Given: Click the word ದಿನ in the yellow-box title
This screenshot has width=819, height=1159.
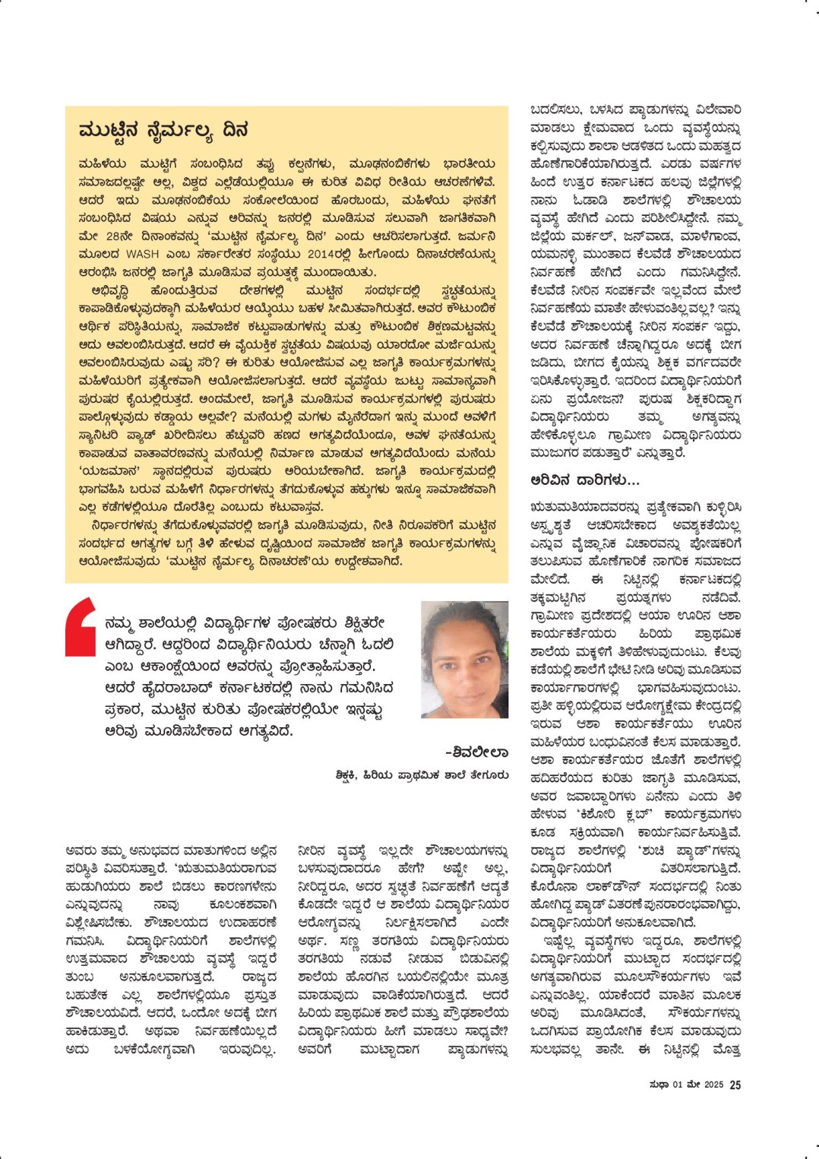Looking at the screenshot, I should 236,130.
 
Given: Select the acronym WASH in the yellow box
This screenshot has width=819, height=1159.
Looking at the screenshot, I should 142,254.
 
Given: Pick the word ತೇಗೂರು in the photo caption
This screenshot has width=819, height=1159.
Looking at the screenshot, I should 490,775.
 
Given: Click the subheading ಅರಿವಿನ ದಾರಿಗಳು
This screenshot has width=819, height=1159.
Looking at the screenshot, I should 585,480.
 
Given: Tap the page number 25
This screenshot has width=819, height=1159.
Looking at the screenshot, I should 735,1085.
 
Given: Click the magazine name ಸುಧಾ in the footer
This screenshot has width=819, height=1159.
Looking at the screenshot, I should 659,1085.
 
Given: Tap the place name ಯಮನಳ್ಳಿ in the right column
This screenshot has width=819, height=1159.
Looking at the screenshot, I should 561,254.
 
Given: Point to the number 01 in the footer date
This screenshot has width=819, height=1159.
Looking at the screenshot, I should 678,1085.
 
